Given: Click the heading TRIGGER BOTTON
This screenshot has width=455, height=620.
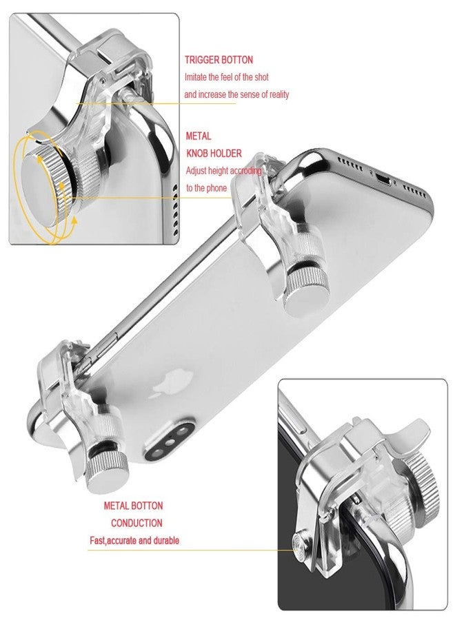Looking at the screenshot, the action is tap(219, 60).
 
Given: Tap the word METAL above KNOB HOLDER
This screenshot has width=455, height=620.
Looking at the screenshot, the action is tap(199, 136).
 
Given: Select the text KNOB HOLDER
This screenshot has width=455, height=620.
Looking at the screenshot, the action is tap(214, 154).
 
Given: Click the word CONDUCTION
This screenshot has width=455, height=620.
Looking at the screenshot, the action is tap(136, 523).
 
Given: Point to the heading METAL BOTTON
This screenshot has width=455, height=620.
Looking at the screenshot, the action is tap(133, 506).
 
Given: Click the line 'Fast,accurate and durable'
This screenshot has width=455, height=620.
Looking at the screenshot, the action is tap(134, 541).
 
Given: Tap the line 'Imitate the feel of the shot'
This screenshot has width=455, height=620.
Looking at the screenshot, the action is tap(227, 77).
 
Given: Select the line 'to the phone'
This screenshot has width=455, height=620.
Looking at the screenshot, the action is tap(206, 188).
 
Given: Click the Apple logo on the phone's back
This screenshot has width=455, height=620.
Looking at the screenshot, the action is tap(172, 383).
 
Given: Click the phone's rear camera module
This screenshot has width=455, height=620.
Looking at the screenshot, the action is tap(170, 442).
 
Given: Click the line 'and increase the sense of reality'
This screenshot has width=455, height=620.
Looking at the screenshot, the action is tap(236, 94).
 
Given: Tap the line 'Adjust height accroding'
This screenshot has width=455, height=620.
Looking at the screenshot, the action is tap(224, 171).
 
